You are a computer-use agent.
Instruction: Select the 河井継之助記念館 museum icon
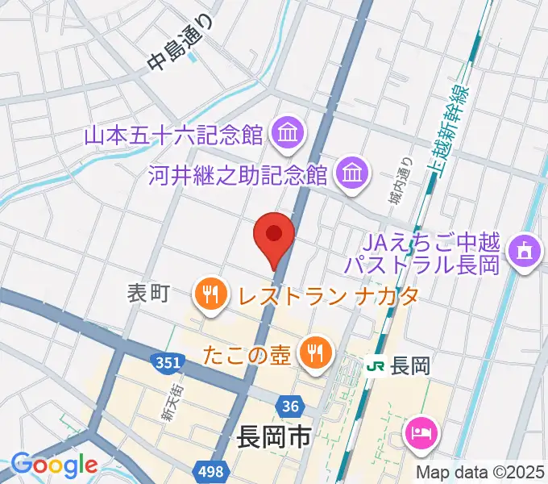point(352,172)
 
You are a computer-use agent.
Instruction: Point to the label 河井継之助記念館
point(238,173)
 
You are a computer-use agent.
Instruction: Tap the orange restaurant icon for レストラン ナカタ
point(211,293)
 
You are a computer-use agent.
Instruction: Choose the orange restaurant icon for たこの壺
point(312,351)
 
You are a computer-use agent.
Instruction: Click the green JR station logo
point(375,365)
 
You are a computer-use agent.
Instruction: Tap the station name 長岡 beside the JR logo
point(409,365)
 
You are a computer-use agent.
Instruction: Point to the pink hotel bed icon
point(421,434)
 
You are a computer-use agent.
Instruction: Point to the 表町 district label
point(147,294)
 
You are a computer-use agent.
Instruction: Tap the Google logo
point(54,465)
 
